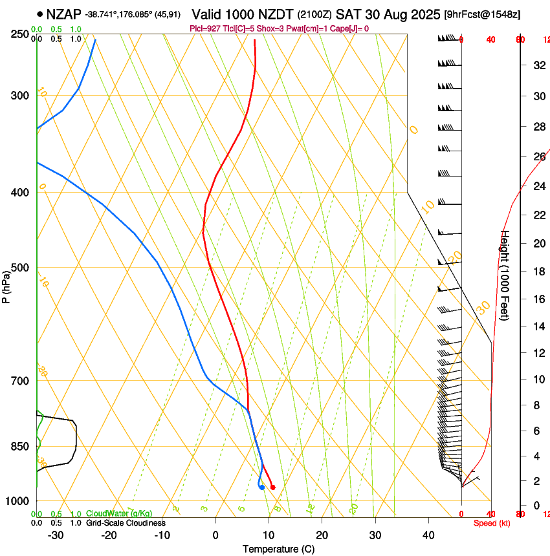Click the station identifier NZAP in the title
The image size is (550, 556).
(64, 14)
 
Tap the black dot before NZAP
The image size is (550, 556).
(41, 14)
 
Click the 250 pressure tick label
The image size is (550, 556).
(20, 34)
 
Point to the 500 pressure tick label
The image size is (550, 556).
(20, 268)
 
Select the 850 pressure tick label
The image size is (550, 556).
(20, 446)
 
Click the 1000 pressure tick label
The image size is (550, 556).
(17, 501)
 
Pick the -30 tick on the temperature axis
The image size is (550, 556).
(56, 535)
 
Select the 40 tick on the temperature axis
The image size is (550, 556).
(428, 535)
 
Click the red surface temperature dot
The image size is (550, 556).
(272, 487)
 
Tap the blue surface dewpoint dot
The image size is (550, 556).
(261, 487)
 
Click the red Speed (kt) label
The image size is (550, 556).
(492, 523)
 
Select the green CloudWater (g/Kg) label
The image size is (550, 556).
(119, 513)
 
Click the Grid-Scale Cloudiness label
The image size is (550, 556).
(126, 522)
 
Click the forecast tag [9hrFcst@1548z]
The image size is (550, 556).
(482, 14)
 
